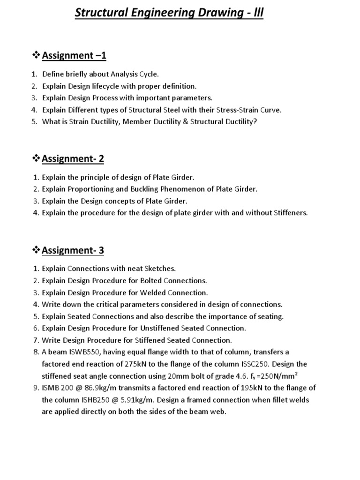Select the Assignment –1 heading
pyautogui.click(x=74, y=56)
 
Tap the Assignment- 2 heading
pyautogui.click(x=73, y=159)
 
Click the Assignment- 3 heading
pyautogui.click(x=73, y=250)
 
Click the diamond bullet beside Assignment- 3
pyautogui.click(x=36, y=250)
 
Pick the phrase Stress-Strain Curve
pyautogui.click(x=253, y=110)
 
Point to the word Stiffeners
pyautogui.click(x=290, y=213)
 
